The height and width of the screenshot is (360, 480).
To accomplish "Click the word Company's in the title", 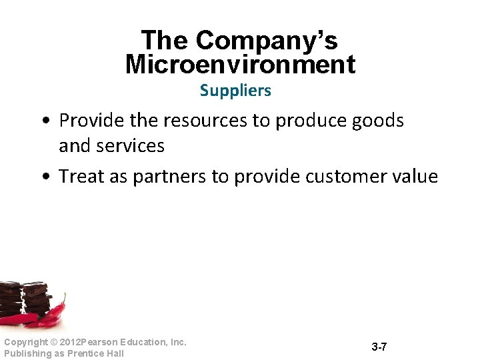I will coord(267,41).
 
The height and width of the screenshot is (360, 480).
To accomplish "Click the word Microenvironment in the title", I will coord(240,65).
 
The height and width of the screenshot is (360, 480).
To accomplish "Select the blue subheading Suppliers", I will coord(235,91).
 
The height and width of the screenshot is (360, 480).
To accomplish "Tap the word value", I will coord(416,177).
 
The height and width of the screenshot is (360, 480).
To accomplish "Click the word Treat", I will coord(79,177).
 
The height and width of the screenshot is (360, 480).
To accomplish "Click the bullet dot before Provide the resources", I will coord(44,121).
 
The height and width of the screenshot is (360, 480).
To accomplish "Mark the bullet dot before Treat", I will coord(44,177).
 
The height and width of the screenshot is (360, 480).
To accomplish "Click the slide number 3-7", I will coord(379,347).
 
